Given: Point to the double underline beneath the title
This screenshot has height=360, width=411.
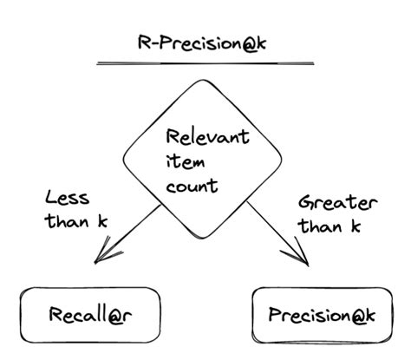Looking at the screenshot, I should [x=205, y=63].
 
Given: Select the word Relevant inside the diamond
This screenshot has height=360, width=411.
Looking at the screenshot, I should [x=208, y=137].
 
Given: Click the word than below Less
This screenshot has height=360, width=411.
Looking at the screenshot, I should [x=66, y=222].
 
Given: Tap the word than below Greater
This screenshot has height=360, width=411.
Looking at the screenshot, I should [x=319, y=227].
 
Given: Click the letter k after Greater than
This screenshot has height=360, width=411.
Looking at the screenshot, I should [x=356, y=227].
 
